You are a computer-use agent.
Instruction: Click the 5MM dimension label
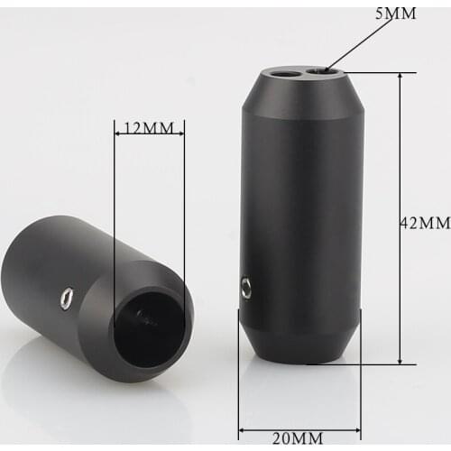pos(396,14)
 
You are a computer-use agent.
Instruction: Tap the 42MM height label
pos(425,223)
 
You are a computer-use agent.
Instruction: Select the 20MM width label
pos(298,438)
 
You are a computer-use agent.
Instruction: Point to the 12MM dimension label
pos(149,128)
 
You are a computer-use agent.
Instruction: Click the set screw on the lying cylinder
pos(67,298)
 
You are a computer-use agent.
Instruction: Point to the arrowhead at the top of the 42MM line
pos(400,76)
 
